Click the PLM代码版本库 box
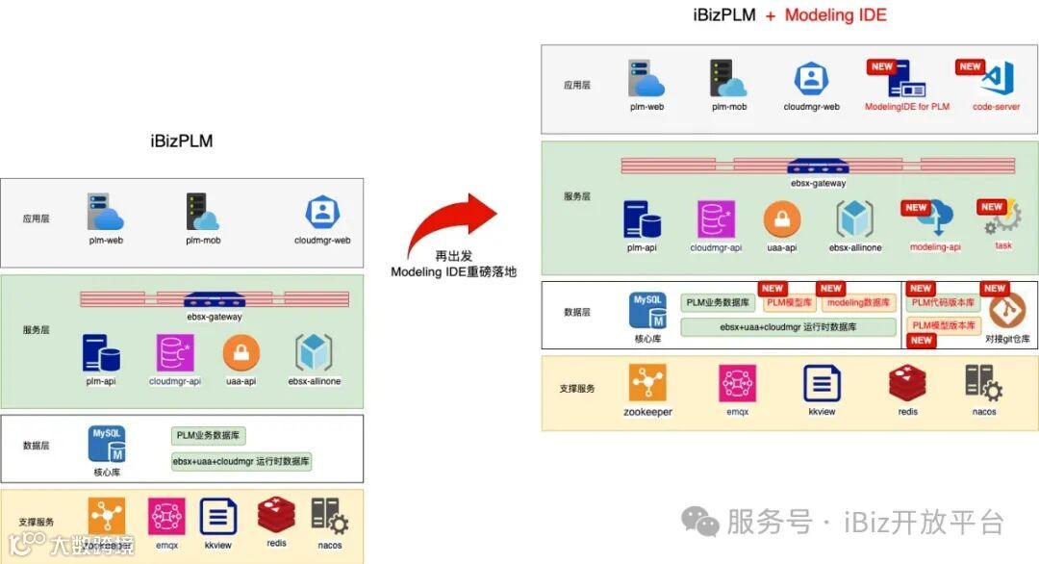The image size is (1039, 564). pyautogui.click(x=942, y=303)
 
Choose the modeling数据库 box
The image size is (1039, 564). pyautogui.click(x=858, y=303)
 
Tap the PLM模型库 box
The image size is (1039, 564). pyautogui.click(x=789, y=303)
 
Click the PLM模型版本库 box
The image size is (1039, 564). pyautogui.click(x=942, y=325)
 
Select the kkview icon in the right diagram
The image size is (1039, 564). pyautogui.click(x=823, y=383)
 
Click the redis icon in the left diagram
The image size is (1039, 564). pyautogui.click(x=276, y=516)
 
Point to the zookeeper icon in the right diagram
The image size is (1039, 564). pyautogui.click(x=647, y=383)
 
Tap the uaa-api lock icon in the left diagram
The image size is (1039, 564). pyautogui.click(x=241, y=353)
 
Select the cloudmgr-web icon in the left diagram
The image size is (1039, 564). pyautogui.click(x=321, y=213)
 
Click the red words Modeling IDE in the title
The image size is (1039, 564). pyautogui.click(x=835, y=15)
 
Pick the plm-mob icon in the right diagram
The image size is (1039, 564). pyautogui.click(x=728, y=79)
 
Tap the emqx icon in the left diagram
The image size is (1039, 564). pyautogui.click(x=166, y=517)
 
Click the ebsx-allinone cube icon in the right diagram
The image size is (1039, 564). pyautogui.click(x=854, y=220)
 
